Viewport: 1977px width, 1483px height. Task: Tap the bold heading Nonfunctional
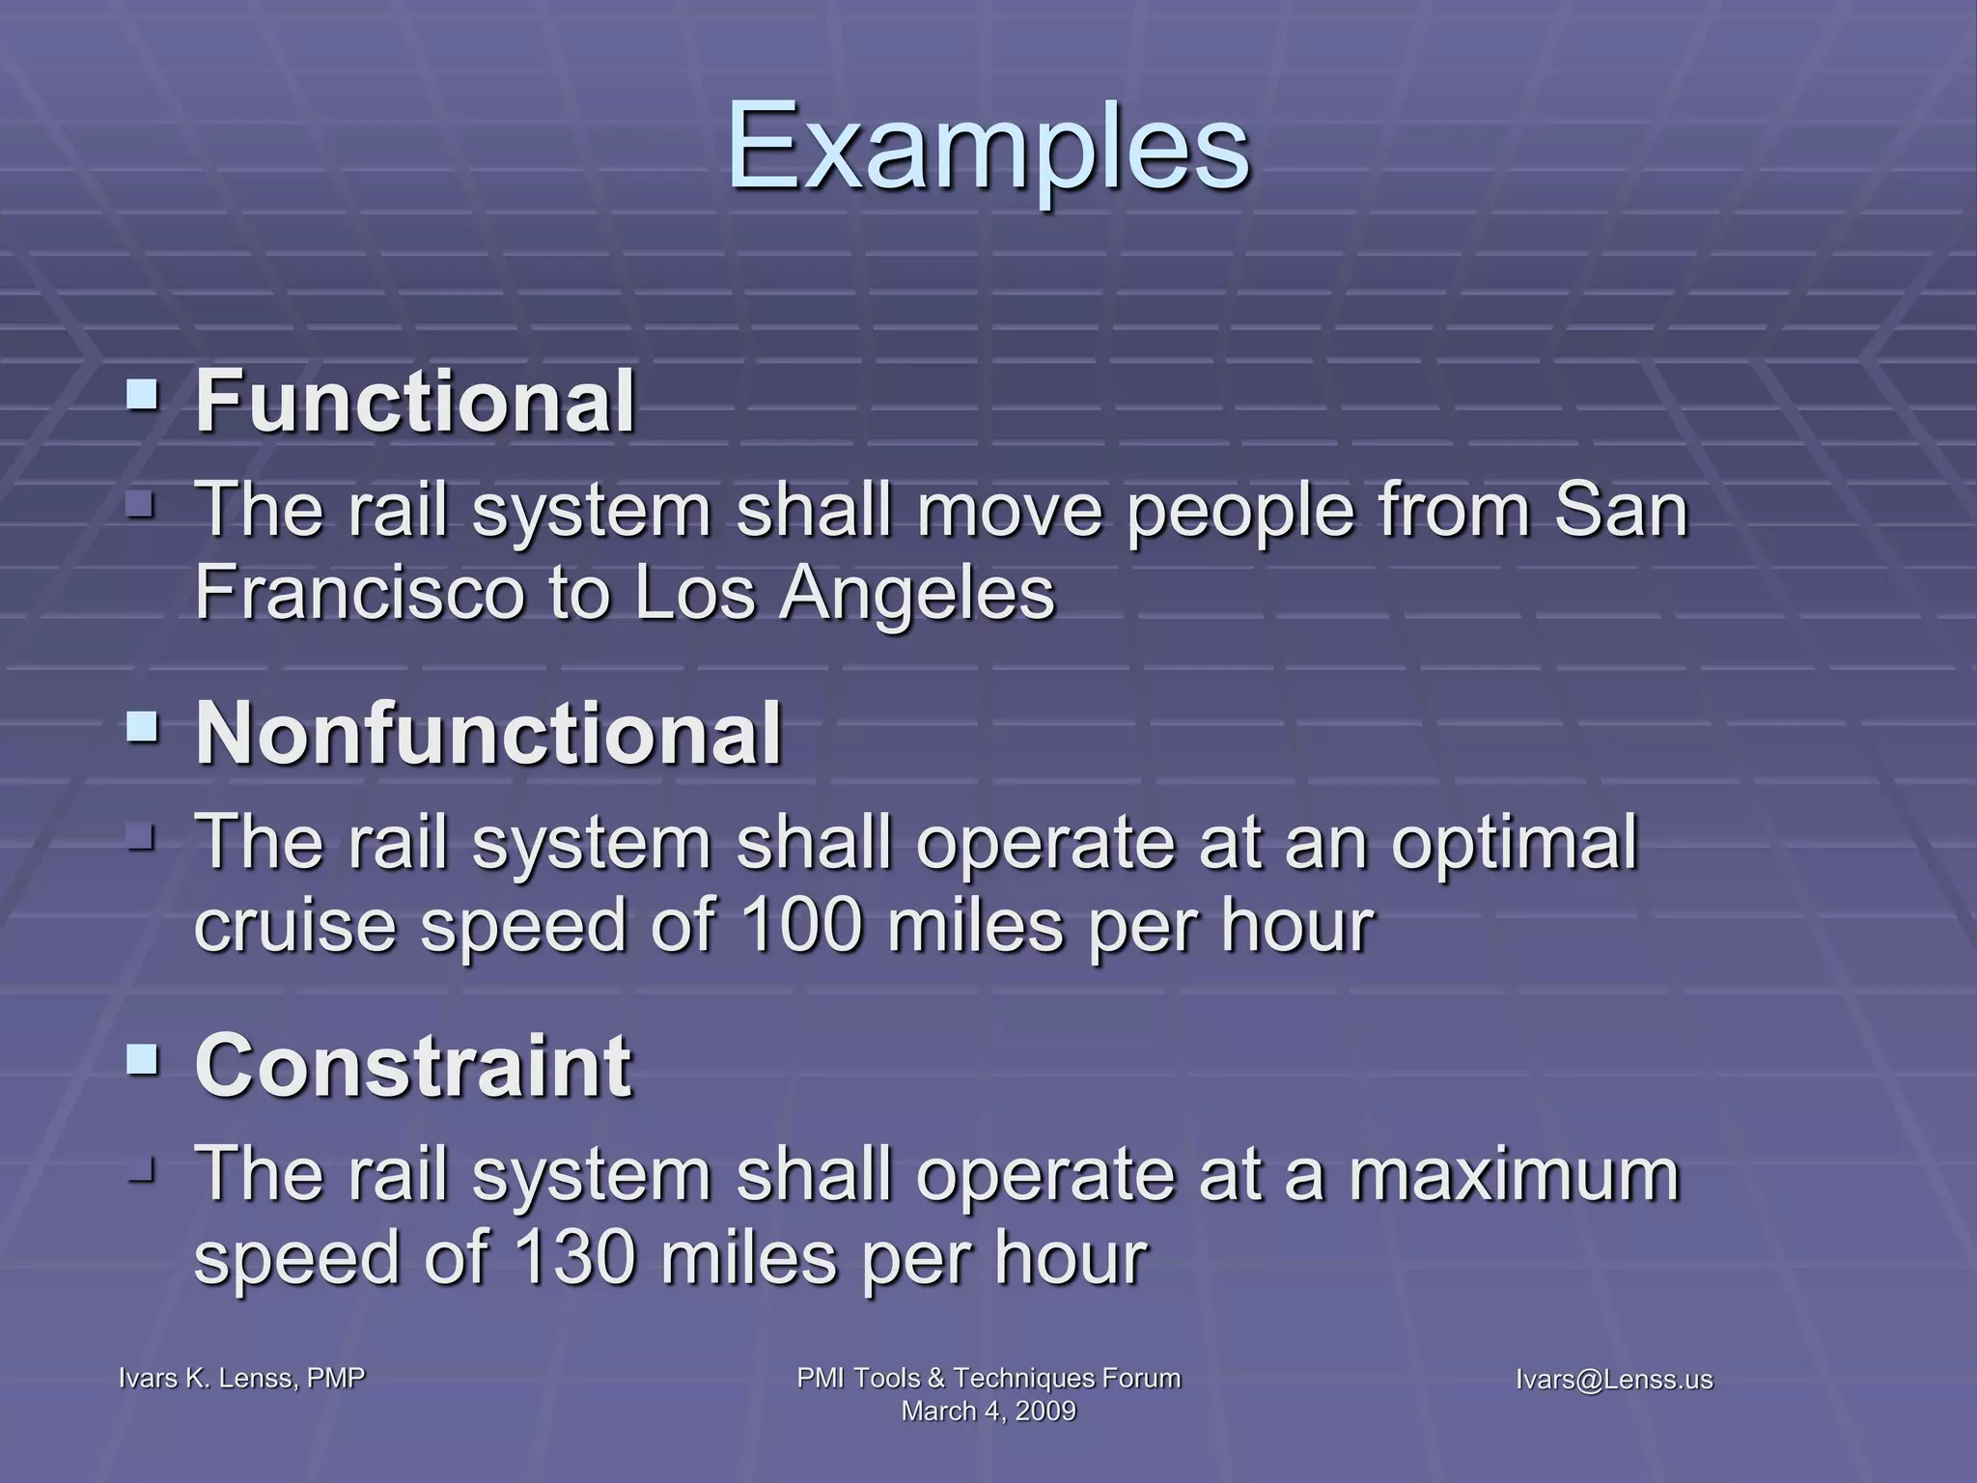[488, 734]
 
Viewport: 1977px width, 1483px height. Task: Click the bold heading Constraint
[413, 1066]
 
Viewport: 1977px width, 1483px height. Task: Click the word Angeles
[917, 593]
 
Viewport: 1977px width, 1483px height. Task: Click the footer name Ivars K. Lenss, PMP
[241, 1378]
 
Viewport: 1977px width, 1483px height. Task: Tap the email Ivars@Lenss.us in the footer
[1614, 1380]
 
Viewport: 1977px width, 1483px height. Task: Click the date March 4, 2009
[988, 1411]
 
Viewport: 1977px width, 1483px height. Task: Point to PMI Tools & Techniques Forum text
[988, 1378]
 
